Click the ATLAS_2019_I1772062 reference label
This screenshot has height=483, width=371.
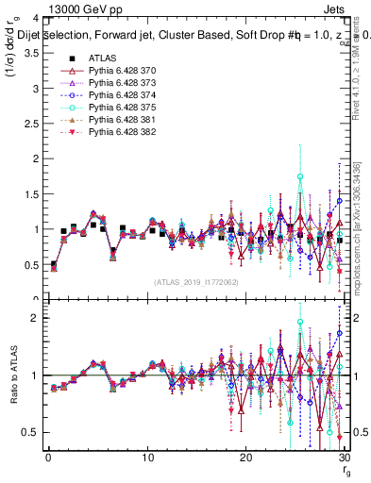[x=196, y=281]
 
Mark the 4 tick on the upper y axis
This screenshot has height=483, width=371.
[x=34, y=18]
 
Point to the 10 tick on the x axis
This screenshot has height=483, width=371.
[x=147, y=458]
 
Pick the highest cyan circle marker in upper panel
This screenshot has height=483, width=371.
[x=300, y=176]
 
